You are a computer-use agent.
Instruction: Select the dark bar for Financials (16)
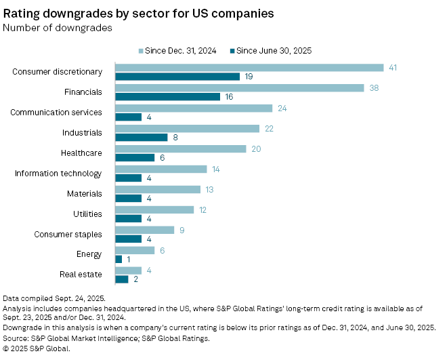click(167, 97)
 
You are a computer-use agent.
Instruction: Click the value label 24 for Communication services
click(282, 108)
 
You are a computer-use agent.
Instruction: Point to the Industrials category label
click(81, 133)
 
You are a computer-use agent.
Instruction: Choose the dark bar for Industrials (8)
click(141, 138)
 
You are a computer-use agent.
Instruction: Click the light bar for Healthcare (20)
click(180, 148)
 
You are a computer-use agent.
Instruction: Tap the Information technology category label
click(58, 174)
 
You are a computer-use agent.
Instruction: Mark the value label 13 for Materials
click(210, 189)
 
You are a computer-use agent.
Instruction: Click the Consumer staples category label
click(68, 235)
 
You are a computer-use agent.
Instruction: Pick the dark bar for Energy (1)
click(119, 260)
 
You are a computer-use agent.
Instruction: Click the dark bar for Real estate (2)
click(122, 279)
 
